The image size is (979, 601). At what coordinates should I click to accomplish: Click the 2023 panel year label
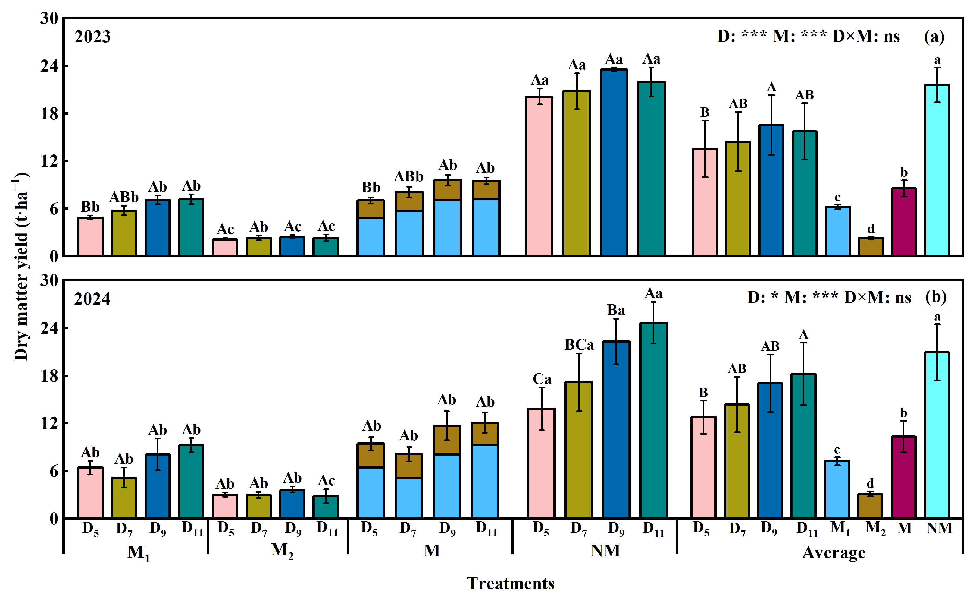pyautogui.click(x=92, y=37)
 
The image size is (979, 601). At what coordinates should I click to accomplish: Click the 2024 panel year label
pyautogui.click(x=92, y=299)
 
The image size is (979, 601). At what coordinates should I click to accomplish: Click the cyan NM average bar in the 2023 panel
pyautogui.click(x=937, y=170)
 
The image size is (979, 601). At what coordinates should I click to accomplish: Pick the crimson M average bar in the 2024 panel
pyautogui.click(x=903, y=477)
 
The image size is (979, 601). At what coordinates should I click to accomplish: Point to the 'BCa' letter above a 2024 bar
pyautogui.click(x=579, y=345)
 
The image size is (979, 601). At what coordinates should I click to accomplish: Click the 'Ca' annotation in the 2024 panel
pyautogui.click(x=542, y=379)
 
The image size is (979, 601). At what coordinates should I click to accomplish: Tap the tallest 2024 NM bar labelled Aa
pyautogui.click(x=653, y=420)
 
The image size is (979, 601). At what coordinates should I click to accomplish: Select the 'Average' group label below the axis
pyautogui.click(x=834, y=552)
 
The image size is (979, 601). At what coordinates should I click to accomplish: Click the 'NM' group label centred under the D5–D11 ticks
pyautogui.click(x=605, y=551)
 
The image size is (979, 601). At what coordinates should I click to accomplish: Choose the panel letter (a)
pyautogui.click(x=934, y=37)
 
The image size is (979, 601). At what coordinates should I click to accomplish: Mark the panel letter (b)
pyautogui.click(x=936, y=297)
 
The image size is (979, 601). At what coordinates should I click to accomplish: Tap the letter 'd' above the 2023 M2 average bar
pyautogui.click(x=871, y=229)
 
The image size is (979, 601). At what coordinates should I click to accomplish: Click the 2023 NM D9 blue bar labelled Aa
pyautogui.click(x=614, y=163)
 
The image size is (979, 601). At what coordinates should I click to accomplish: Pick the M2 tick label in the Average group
pyautogui.click(x=875, y=529)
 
